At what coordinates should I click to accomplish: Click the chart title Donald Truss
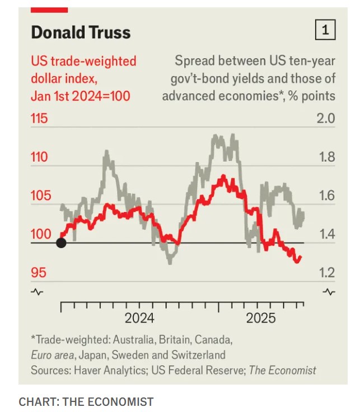click(81, 32)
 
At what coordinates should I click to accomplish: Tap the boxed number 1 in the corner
click(325, 30)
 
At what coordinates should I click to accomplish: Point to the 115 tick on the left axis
click(39, 119)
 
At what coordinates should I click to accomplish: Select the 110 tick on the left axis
click(39, 157)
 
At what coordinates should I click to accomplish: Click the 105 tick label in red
click(39, 196)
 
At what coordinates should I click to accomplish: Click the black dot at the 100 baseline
click(61, 243)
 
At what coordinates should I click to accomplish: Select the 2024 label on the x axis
click(139, 319)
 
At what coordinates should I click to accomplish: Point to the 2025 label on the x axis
click(261, 319)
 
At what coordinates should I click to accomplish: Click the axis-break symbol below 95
click(37, 292)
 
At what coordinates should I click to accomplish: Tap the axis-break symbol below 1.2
click(329, 292)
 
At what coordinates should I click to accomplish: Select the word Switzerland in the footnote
click(197, 355)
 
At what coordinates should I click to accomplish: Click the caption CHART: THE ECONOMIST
click(86, 401)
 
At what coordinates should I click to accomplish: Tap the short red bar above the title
click(49, 10)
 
